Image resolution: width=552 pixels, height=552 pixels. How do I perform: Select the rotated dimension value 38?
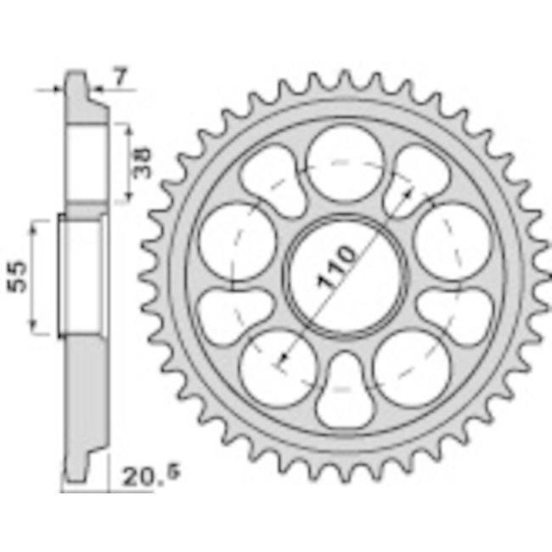tap(142, 163)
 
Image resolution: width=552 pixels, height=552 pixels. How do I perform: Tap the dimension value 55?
tap(17, 276)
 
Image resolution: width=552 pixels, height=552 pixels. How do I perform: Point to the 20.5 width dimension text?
tap(150, 476)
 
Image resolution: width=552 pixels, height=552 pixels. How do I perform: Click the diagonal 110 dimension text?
tap(336, 267)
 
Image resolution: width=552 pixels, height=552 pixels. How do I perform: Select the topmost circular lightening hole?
tap(345, 163)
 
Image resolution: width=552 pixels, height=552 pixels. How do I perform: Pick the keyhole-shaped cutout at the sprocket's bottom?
tap(345, 391)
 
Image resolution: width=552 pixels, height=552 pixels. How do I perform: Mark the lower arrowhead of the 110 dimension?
tap(283, 359)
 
